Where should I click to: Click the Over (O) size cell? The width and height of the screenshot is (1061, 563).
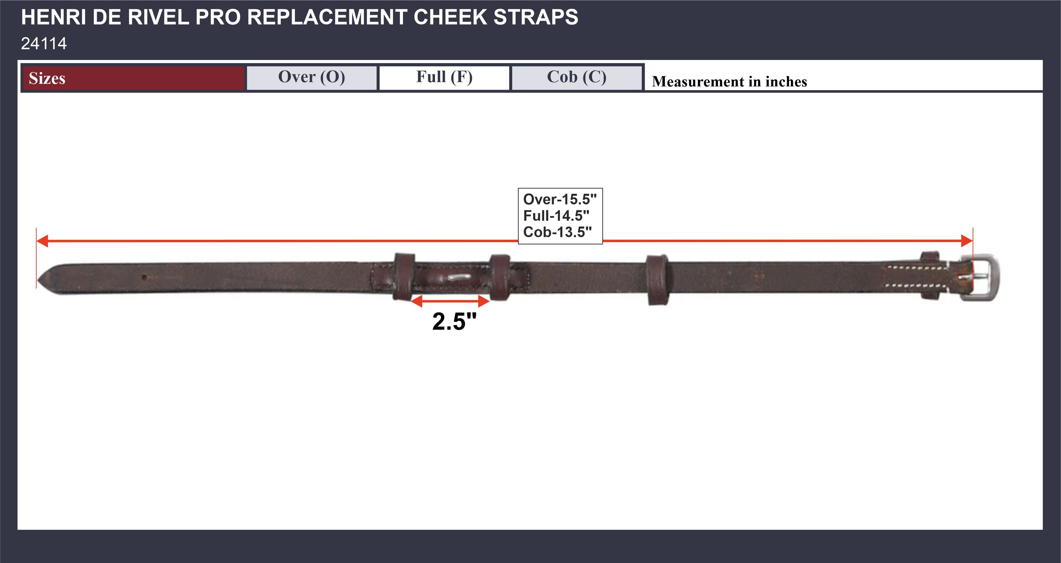tap(311, 77)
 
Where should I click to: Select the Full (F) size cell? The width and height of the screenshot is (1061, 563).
tap(444, 77)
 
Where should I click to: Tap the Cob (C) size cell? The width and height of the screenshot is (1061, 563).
tap(577, 77)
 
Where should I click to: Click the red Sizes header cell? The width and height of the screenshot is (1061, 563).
tap(133, 78)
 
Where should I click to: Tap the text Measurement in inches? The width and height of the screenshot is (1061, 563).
tap(729, 81)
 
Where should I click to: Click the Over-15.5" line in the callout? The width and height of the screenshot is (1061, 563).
tap(559, 199)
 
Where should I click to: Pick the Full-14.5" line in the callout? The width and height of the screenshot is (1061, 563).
tap(556, 216)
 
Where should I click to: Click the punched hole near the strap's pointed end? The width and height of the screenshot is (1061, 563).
tap(144, 277)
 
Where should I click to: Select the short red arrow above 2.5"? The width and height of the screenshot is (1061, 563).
tap(450, 301)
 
